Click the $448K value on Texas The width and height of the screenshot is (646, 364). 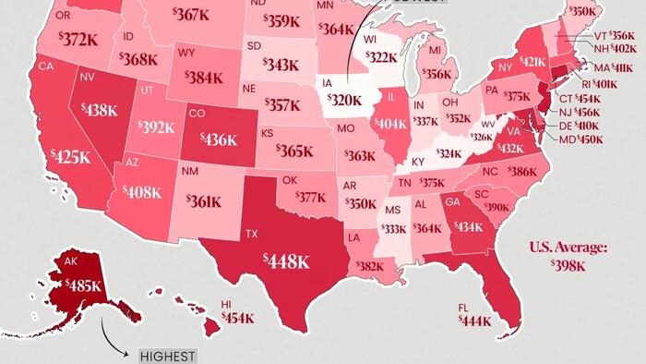click(x=286, y=261)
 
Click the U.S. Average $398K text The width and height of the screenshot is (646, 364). click(x=568, y=257)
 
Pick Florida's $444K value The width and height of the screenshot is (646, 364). click(x=476, y=321)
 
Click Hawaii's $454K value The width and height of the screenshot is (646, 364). click(x=237, y=318)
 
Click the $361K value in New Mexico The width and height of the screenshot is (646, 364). click(x=202, y=200)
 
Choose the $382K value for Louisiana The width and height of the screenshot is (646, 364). click(x=369, y=267)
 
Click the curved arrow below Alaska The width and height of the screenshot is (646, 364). click(x=114, y=342)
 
